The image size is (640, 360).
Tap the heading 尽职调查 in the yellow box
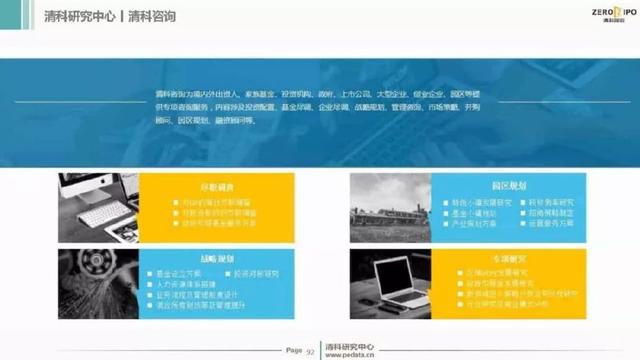coord(216,186)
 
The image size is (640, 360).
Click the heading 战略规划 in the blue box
coord(216,255)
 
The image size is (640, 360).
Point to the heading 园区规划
coord(506,186)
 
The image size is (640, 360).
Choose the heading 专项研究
coord(506,255)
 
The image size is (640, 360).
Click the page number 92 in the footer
coord(310,351)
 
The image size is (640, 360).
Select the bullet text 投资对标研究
coord(255,272)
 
